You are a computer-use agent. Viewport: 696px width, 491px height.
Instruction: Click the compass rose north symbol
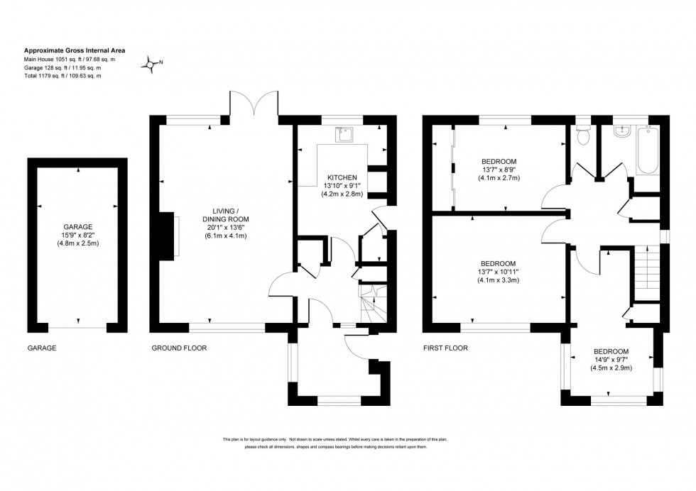(x=152, y=64)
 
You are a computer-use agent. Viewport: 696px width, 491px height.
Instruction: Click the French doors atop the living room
(x=253, y=104)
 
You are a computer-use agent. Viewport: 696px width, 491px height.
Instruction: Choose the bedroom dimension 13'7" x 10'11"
(x=498, y=271)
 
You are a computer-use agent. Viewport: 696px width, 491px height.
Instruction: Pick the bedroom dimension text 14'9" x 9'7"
(x=611, y=360)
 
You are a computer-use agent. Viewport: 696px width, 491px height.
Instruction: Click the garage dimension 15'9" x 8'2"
(x=77, y=236)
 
